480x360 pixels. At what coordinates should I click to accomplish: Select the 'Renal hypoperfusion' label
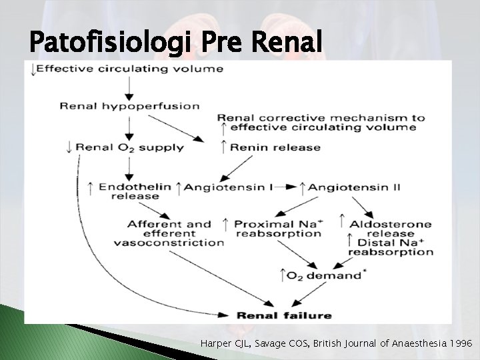point(129,105)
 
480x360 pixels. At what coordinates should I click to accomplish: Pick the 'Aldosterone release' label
point(390,229)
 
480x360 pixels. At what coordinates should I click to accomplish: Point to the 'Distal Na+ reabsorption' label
point(391,247)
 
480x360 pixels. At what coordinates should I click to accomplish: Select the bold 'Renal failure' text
point(283,315)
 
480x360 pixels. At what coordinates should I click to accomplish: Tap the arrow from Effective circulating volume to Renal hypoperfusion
point(129,87)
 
